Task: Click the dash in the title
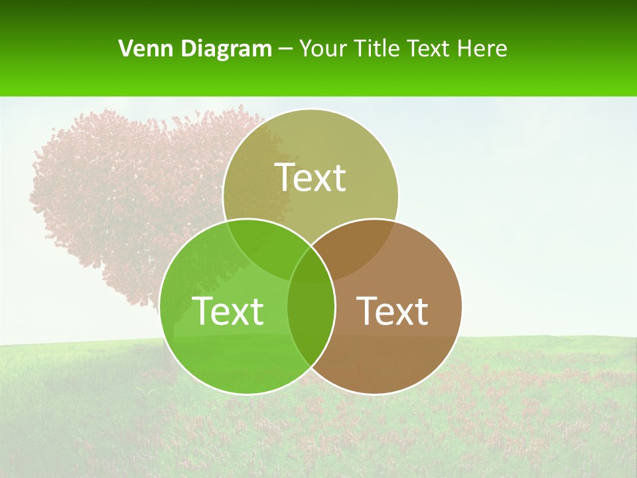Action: (x=285, y=49)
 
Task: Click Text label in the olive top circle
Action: (x=311, y=177)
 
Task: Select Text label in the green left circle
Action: (x=228, y=310)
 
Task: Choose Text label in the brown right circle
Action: (x=393, y=310)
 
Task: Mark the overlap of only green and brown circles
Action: (x=311, y=325)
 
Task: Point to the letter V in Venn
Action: (x=125, y=48)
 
